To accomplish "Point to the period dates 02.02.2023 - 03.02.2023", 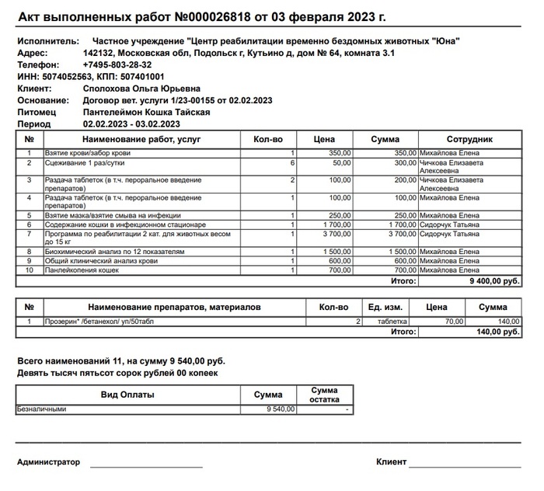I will coord(131,124).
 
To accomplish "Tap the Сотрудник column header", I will coord(469,139).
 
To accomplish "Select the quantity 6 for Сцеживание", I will coord(292,163).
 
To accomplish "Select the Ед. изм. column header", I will coord(385,308).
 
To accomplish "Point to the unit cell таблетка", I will coord(392,321).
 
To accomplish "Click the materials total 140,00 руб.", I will coord(498,332).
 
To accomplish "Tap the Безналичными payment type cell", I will coord(42,409).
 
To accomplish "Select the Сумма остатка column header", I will coord(324,395).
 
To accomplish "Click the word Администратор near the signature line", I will coord(48,462).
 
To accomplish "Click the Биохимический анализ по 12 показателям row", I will coord(115,252).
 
